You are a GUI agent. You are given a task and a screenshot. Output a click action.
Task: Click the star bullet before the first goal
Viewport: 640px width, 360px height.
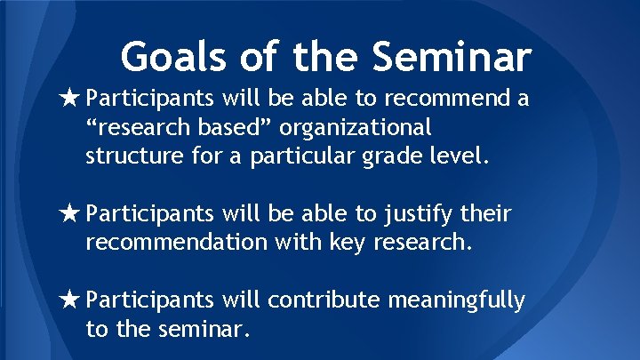click(x=73, y=97)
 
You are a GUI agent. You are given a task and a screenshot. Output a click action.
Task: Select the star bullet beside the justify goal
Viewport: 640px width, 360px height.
click(x=73, y=213)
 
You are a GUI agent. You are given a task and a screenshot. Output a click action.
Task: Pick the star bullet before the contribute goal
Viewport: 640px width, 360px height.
click(x=73, y=301)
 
